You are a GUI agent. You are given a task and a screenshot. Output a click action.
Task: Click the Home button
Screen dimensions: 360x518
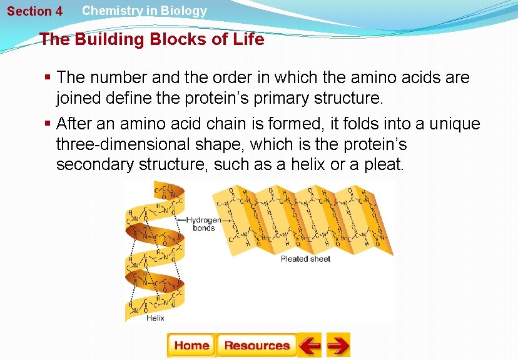tap(191, 345)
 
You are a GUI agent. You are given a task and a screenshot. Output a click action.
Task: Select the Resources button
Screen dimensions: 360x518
tap(256, 345)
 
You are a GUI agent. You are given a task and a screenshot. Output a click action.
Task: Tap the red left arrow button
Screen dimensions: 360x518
tap(309, 345)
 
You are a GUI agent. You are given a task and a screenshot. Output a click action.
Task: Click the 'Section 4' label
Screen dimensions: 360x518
tap(34, 11)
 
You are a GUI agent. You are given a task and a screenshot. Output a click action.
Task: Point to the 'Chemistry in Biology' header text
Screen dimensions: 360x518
tap(144, 11)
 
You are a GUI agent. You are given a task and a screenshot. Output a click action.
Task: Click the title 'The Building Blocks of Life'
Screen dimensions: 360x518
tap(152, 40)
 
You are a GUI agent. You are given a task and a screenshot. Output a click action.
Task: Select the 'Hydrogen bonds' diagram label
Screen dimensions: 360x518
tap(204, 224)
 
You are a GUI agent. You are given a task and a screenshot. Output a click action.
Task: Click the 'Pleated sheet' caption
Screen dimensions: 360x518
tap(305, 259)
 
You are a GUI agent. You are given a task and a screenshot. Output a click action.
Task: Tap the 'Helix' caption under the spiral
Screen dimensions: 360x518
tap(155, 317)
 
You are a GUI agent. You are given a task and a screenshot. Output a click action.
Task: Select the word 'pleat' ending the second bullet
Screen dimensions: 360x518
tap(384, 164)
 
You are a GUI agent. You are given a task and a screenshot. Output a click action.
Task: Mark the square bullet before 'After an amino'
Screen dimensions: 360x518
tap(48, 124)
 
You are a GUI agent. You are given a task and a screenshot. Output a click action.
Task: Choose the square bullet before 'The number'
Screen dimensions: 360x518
tap(48, 77)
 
